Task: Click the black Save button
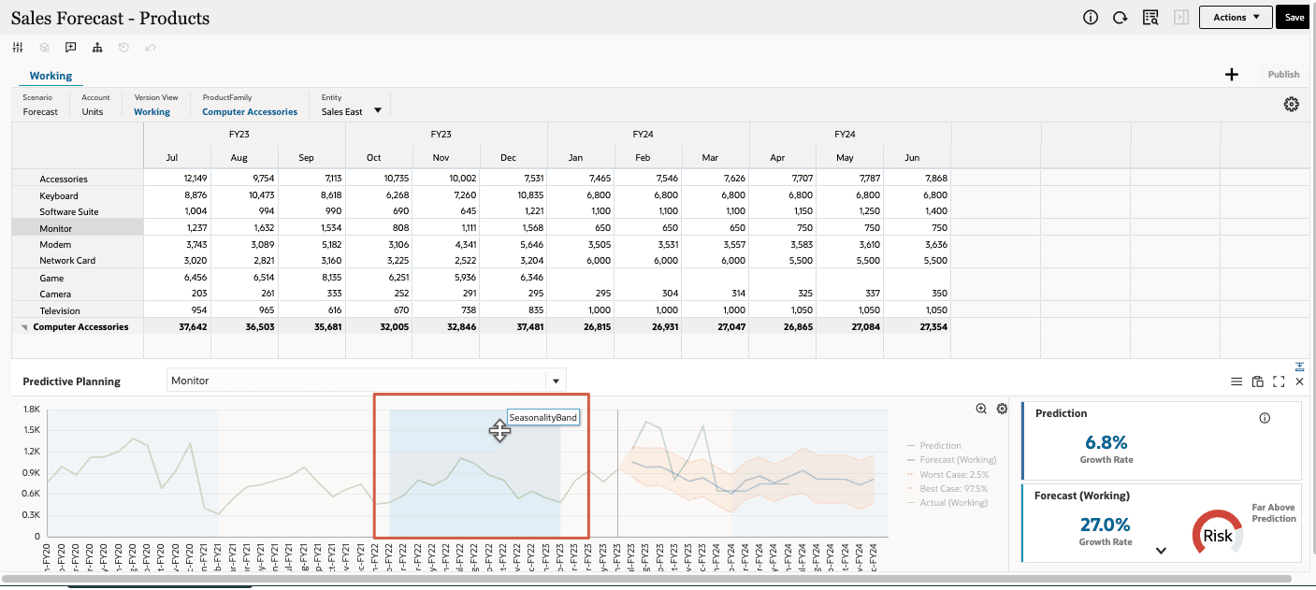pos(1294,17)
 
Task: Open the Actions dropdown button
pos(1236,17)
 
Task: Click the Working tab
pos(51,76)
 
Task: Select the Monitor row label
pos(56,228)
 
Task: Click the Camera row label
pos(55,294)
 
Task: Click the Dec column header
pos(508,157)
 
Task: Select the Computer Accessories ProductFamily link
pos(250,111)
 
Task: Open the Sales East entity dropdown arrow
pos(378,110)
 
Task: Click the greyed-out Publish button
pos(1283,75)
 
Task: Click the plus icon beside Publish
pos(1232,75)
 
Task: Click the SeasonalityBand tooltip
pos(543,417)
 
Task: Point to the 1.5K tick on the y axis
pos(31,430)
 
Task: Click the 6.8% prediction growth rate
pos(1106,442)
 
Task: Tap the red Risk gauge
pos(1217,536)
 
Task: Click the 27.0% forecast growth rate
pos(1106,525)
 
